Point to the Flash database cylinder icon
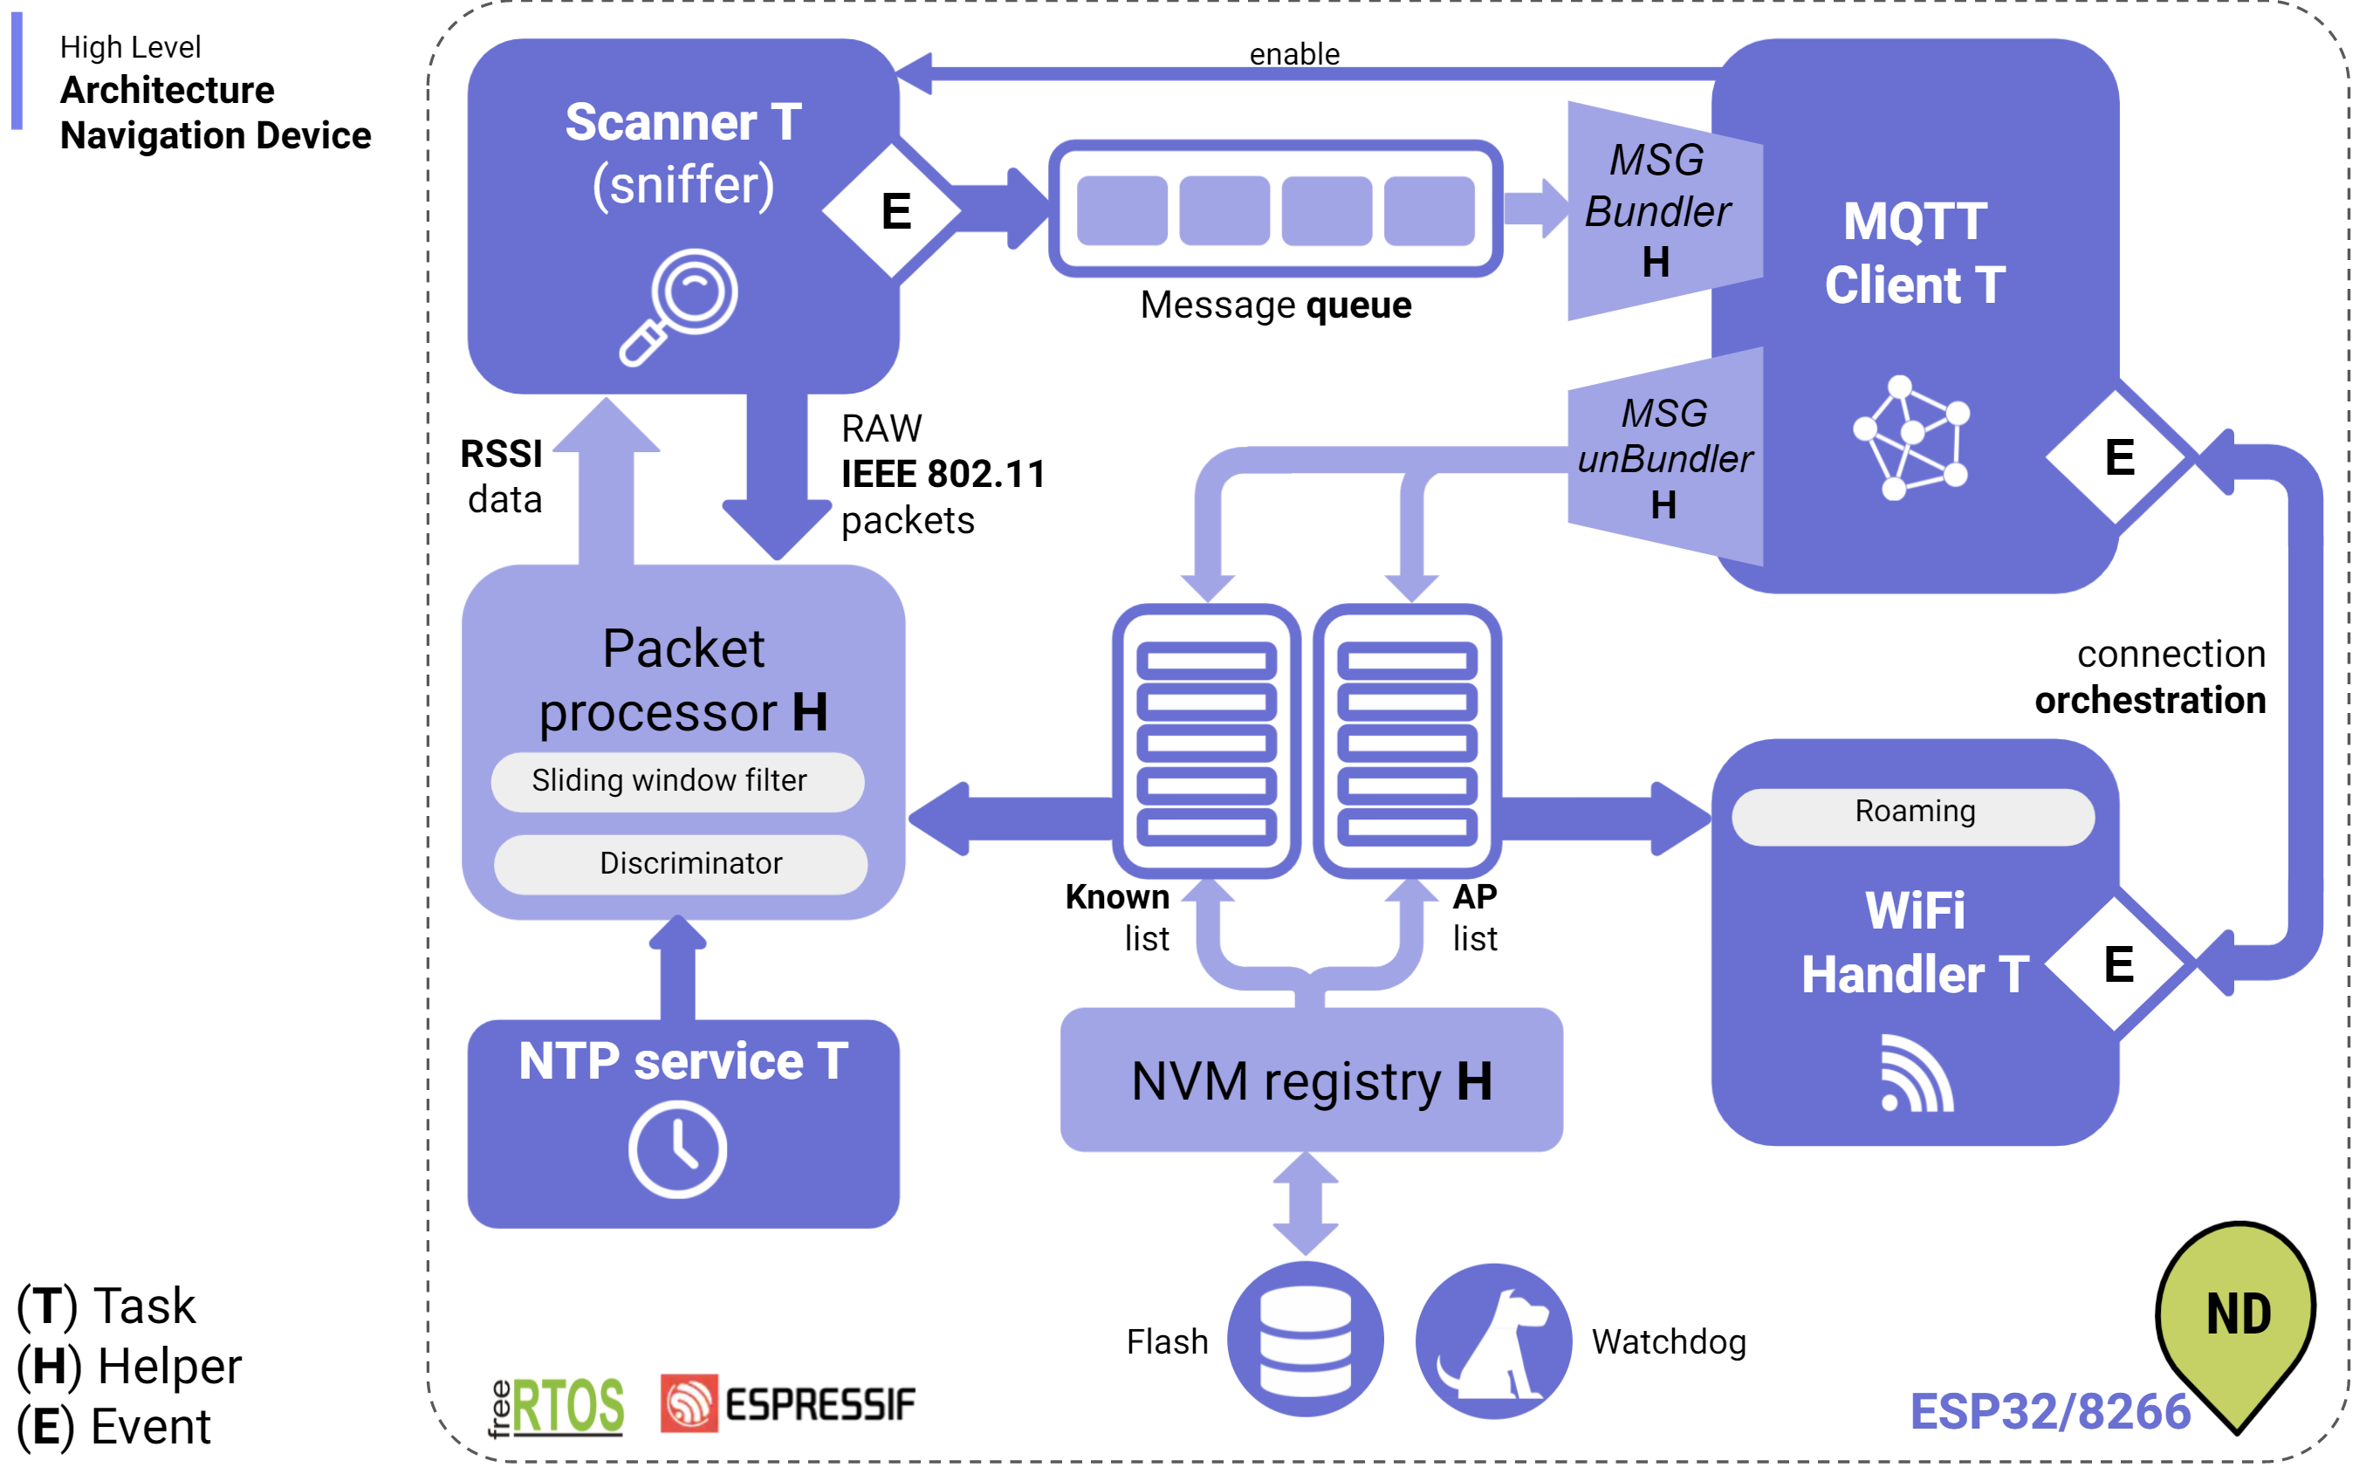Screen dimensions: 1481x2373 tap(1305, 1339)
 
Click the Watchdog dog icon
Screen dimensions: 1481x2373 tap(1492, 1340)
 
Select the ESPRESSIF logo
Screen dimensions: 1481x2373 tap(787, 1402)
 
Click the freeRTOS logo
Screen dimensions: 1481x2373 tap(555, 1406)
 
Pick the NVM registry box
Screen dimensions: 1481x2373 tap(1310, 1080)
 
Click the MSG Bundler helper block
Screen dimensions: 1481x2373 tap(1663, 210)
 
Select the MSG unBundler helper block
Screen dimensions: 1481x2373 tap(1664, 457)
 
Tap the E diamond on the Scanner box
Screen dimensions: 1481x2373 tap(893, 211)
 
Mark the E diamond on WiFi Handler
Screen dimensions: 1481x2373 tap(2117, 965)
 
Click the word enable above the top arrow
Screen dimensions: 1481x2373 tap(1293, 54)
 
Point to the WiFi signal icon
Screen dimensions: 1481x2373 tap(1916, 1073)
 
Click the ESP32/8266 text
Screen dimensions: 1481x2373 tap(2049, 1410)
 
